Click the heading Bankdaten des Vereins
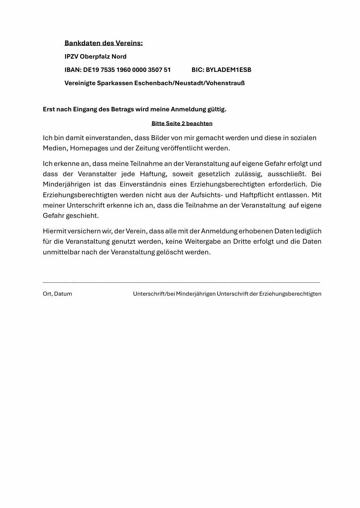(103, 43)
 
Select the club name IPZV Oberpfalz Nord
(95, 56)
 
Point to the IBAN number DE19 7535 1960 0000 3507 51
(127, 70)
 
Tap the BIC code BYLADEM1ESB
(228, 70)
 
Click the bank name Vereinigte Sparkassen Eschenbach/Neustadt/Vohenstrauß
(154, 83)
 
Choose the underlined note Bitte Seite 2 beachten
(182, 123)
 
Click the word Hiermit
(54, 231)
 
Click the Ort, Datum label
(57, 294)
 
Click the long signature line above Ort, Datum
(181, 282)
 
